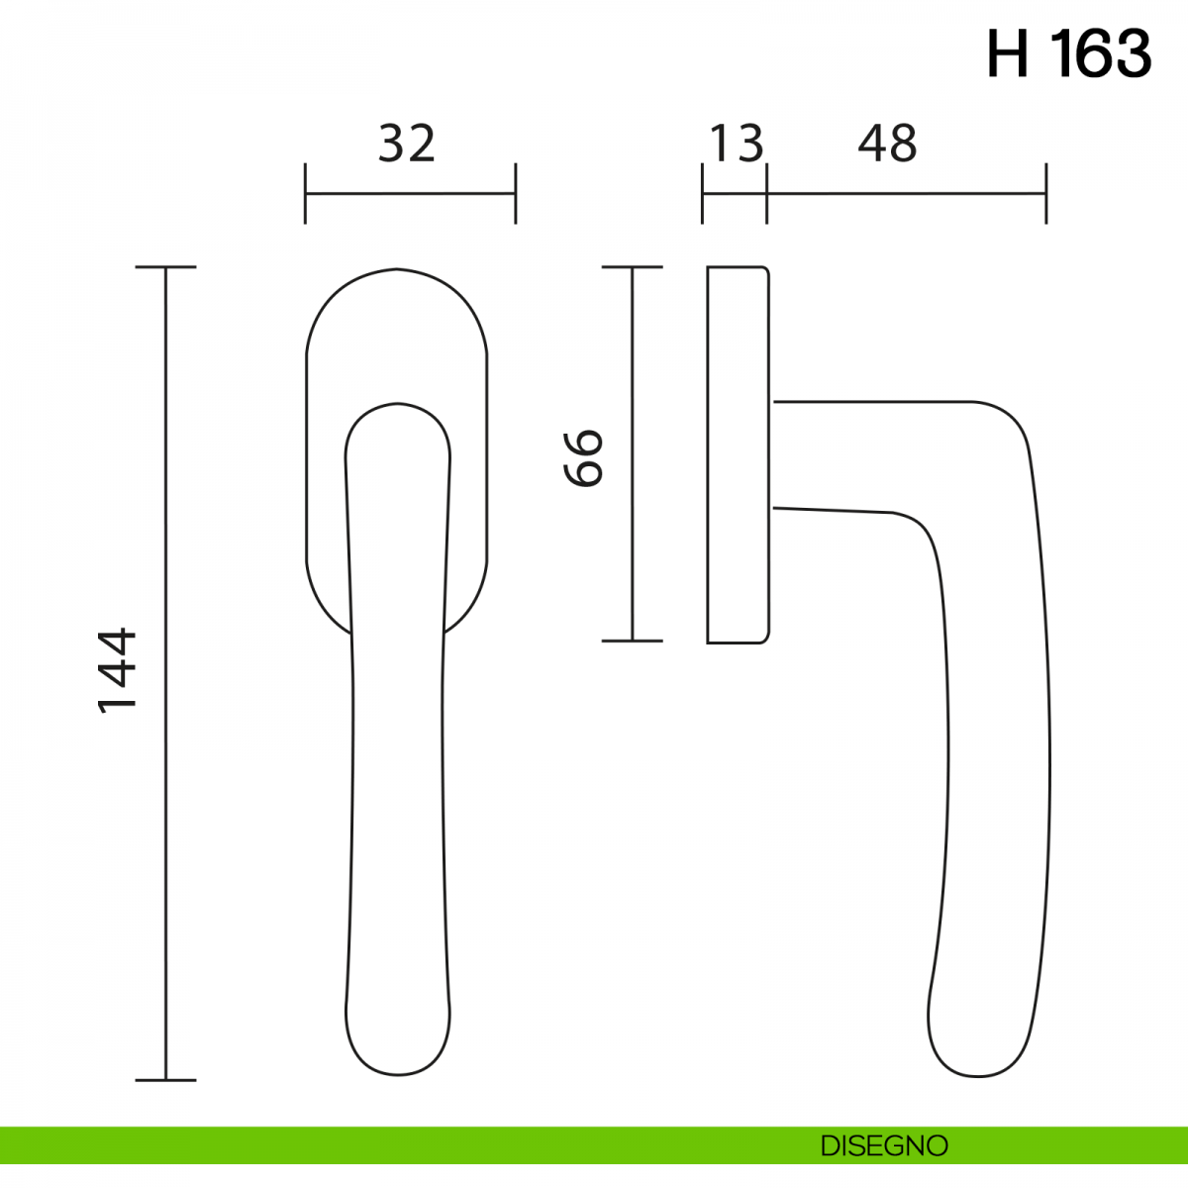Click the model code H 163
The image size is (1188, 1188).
[x=1069, y=54]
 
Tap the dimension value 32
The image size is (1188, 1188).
[x=407, y=144]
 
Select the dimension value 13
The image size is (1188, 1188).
[x=737, y=144]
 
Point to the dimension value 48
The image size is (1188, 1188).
[x=887, y=144]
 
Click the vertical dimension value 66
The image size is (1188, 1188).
[x=583, y=458]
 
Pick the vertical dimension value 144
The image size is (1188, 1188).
[x=117, y=671]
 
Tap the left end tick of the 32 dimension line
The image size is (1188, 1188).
[x=305, y=194]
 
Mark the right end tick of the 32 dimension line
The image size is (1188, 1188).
[x=516, y=194]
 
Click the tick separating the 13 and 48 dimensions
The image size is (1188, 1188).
[x=766, y=194]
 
